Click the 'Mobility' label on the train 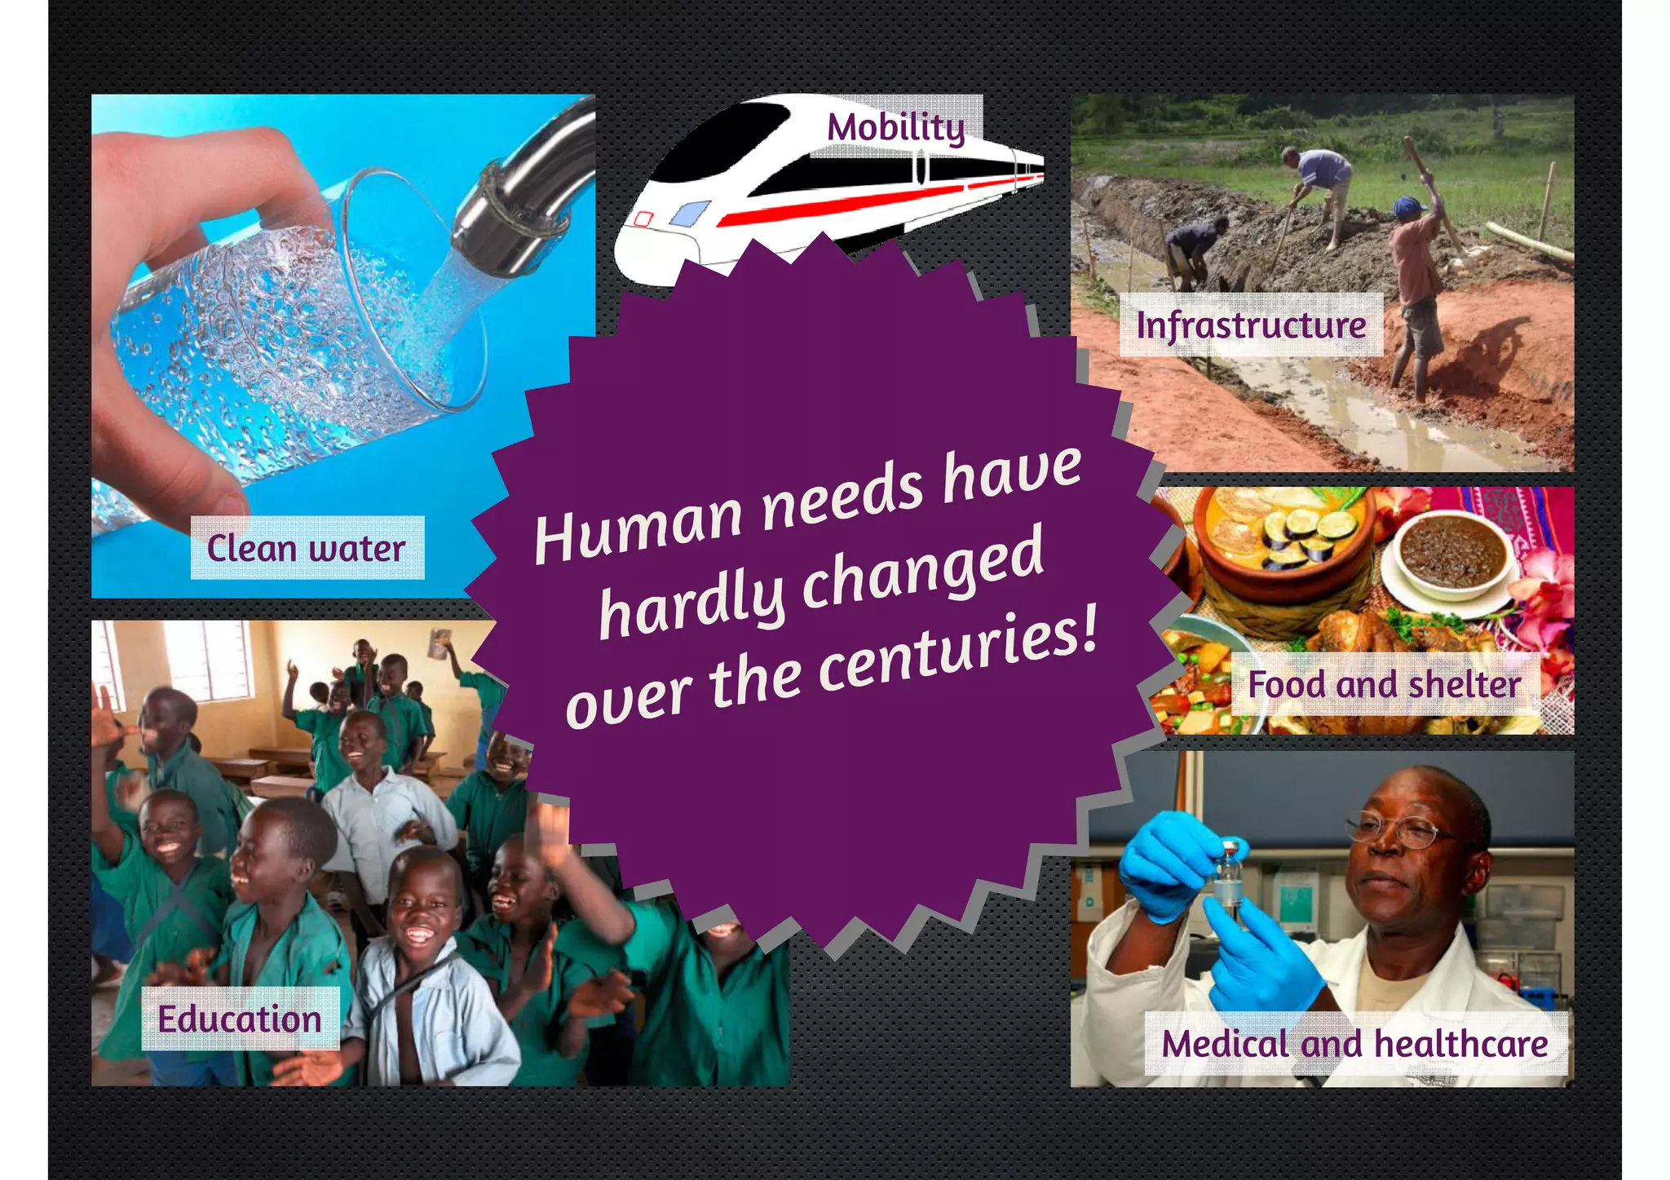point(895,127)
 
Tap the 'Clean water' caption point(307,548)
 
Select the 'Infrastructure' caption point(1251,325)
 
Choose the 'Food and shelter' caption point(1384,684)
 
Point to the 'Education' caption point(240,1019)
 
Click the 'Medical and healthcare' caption point(1354,1044)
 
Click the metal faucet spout point(522,204)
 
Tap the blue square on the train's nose point(689,214)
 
